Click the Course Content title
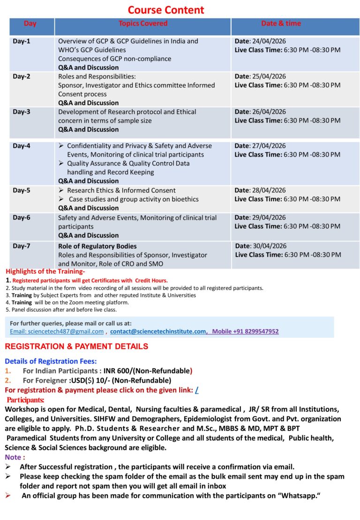click(x=166, y=10)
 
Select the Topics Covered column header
click(x=142, y=23)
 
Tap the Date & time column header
click(x=281, y=23)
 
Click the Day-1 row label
click(x=22, y=41)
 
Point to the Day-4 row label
click(x=22, y=146)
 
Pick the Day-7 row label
click(x=22, y=246)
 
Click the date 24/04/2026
click(x=269, y=41)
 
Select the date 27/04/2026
click(x=269, y=146)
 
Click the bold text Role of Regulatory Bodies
click(x=97, y=246)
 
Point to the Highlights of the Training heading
click(x=45, y=271)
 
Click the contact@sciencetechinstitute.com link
click(x=158, y=332)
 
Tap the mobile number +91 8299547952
click(x=253, y=332)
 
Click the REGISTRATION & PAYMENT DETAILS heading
click(x=76, y=347)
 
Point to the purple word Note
click(x=13, y=457)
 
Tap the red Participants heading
click(x=26, y=399)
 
